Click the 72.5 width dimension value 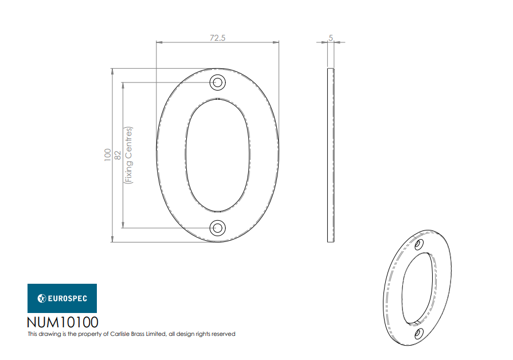pyautogui.click(x=218, y=38)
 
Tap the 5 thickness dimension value pyautogui.click(x=331, y=38)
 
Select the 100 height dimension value pyautogui.click(x=108, y=155)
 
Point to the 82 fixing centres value pyautogui.click(x=118, y=155)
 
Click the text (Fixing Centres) pyautogui.click(x=128, y=155)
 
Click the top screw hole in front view pyautogui.click(x=218, y=82)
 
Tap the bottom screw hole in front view pyautogui.click(x=218, y=228)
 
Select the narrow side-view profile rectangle pyautogui.click(x=331, y=155)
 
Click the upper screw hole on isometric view pyautogui.click(x=419, y=244)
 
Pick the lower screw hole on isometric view pyautogui.click(x=419, y=334)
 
